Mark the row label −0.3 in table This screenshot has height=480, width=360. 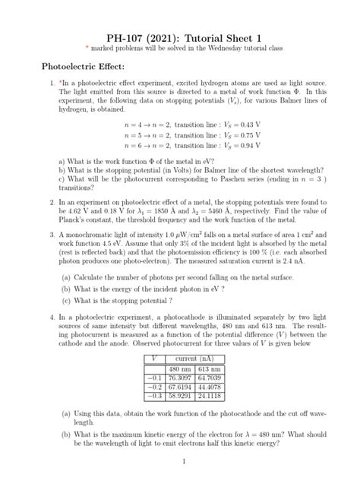pos(154,395)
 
